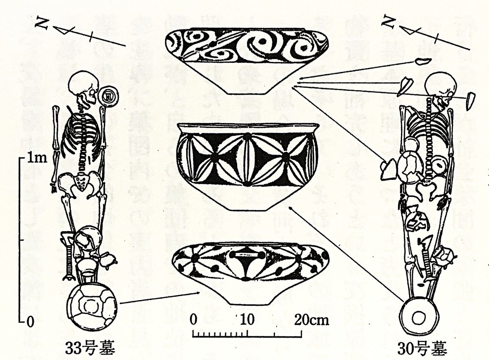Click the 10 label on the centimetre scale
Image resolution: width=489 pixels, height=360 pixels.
pyautogui.click(x=245, y=319)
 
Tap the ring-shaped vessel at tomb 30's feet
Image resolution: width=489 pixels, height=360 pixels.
pyautogui.click(x=418, y=316)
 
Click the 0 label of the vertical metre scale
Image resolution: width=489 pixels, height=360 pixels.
pyautogui.click(x=29, y=322)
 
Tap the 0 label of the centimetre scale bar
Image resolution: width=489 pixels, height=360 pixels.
pyautogui.click(x=194, y=319)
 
